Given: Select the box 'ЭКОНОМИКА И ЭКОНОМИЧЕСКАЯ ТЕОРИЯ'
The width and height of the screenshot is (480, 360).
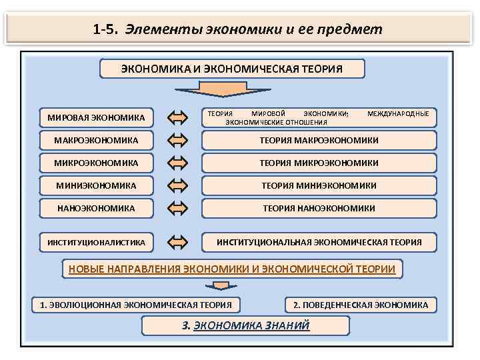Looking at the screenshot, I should coord(232,69).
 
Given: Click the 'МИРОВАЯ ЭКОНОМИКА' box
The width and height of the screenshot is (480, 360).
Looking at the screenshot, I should coord(96,118).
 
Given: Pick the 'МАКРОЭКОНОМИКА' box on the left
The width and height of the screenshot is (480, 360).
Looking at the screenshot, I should coord(96,141).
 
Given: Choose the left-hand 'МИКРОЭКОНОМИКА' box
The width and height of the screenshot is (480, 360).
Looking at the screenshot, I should coord(96,163).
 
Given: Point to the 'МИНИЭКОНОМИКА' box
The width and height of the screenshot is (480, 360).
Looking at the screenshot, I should coord(96,185).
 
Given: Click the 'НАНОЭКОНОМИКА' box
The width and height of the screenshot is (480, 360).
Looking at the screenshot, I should coord(96,208).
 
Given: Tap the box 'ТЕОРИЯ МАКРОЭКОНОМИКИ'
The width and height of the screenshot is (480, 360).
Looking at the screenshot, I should coord(319,141).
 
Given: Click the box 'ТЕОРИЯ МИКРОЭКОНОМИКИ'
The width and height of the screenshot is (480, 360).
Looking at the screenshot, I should coord(319,163).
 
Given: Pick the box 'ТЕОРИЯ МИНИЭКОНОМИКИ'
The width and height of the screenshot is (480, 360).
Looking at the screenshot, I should coord(319,185).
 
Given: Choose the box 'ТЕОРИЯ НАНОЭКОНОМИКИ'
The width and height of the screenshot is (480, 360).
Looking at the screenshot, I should coord(319,208).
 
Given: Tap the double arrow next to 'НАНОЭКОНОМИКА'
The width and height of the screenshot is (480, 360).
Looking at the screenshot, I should coord(178,208).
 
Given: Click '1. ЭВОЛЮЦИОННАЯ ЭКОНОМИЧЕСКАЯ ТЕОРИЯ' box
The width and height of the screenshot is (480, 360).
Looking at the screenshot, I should coord(136,305).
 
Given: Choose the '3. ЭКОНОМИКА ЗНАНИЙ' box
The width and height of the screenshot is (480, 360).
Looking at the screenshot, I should coord(246,325).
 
